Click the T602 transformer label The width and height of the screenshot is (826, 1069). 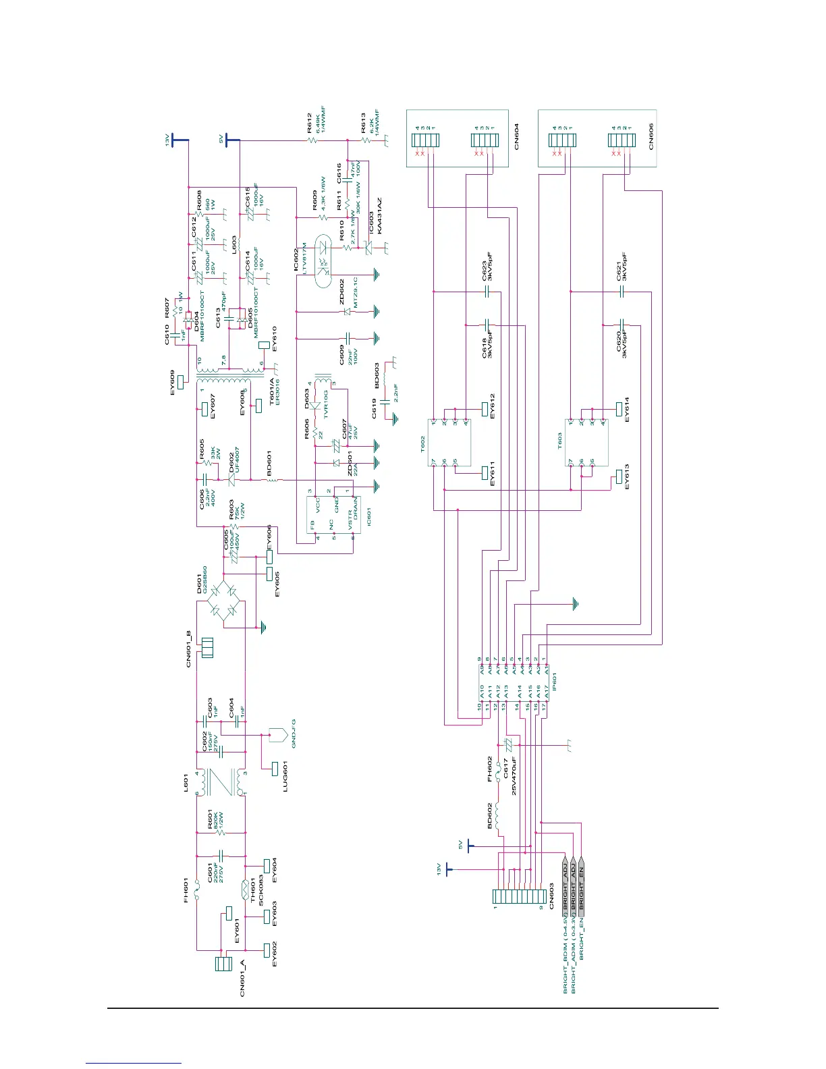tap(423, 443)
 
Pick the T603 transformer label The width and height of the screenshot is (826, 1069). tap(559, 441)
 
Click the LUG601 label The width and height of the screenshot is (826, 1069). tap(285, 776)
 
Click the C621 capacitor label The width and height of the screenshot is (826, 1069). tap(619, 268)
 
